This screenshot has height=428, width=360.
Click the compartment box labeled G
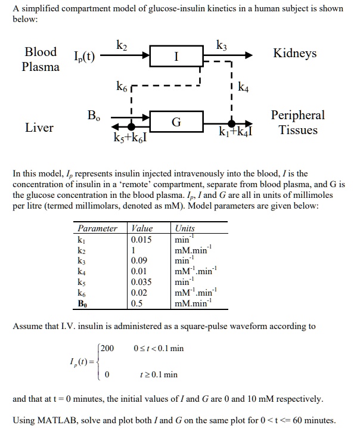click(x=176, y=122)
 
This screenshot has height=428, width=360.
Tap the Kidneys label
click(x=294, y=54)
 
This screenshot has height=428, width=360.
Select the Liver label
click(x=39, y=128)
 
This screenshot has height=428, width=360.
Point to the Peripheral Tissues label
click(x=298, y=122)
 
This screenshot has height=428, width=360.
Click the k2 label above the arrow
click(x=121, y=44)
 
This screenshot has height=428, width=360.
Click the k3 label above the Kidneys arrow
click(x=222, y=44)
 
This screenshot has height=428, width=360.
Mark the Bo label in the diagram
click(x=94, y=114)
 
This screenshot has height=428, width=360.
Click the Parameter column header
click(x=97, y=228)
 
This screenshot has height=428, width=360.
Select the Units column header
click(x=185, y=228)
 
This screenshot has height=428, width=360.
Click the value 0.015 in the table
click(x=141, y=240)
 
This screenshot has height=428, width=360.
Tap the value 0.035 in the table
click(x=141, y=283)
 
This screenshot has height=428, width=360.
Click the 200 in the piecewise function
click(x=107, y=348)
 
